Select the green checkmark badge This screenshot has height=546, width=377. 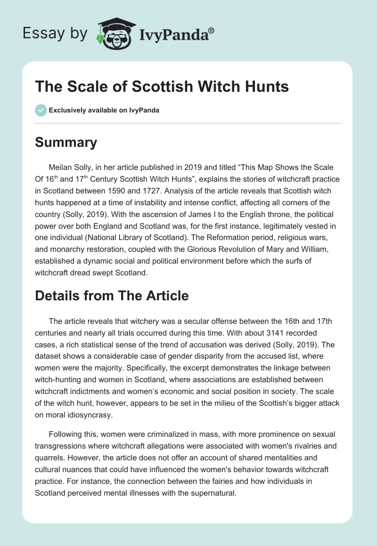(40, 110)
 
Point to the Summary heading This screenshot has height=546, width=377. (66, 142)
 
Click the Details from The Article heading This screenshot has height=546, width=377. (112, 296)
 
